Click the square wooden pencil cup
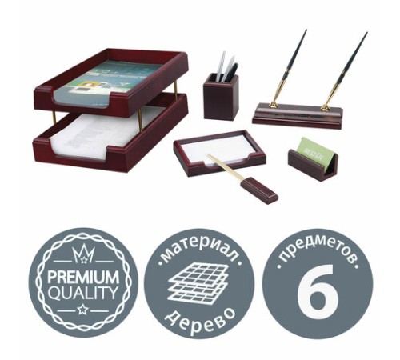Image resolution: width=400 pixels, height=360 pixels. click(221, 98)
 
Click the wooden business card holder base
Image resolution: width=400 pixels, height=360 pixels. click(313, 165)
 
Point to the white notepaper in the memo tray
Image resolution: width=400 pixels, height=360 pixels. click(218, 150)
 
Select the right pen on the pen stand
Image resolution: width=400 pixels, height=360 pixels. click(345, 70)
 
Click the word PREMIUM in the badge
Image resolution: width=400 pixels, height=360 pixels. click(83, 277)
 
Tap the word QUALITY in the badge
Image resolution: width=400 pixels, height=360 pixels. click(83, 292)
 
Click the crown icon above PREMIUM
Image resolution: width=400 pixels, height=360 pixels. click(83, 254)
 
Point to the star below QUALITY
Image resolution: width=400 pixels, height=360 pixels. click(83, 310)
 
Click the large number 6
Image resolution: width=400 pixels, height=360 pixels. click(318, 291)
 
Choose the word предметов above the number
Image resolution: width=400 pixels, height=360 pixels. click(318, 250)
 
